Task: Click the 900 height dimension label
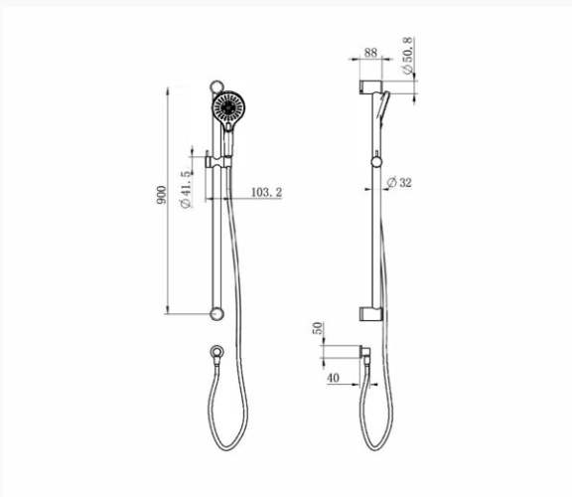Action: click(161, 195)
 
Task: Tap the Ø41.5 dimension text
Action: click(186, 190)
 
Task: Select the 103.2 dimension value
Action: click(267, 192)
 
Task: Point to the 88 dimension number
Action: click(370, 53)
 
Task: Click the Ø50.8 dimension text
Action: click(408, 56)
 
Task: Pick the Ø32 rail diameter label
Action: click(399, 182)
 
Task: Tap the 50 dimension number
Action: click(318, 328)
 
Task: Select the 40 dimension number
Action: click(333, 378)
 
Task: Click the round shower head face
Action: click(228, 107)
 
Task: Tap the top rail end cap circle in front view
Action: click(216, 86)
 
